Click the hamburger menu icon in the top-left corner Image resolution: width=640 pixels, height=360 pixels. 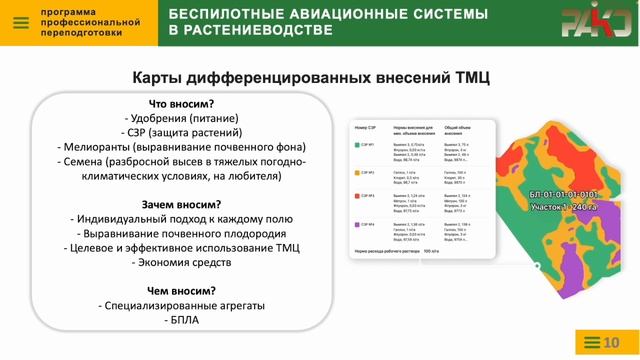click(x=19, y=22)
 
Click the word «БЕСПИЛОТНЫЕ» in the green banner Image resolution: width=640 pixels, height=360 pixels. click(x=224, y=14)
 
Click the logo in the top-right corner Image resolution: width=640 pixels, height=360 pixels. click(x=594, y=22)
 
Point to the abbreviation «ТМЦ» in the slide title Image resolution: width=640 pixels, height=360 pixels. click(x=469, y=77)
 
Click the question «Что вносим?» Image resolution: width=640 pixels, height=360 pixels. click(x=182, y=103)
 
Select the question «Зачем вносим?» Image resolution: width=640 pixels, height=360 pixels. click(x=181, y=204)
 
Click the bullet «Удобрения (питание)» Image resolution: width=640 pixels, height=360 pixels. click(x=181, y=118)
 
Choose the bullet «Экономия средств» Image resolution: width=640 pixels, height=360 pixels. click(x=181, y=261)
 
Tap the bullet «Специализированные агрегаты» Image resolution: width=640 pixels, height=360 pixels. click(x=181, y=305)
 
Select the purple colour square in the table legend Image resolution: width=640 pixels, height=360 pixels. click(x=358, y=224)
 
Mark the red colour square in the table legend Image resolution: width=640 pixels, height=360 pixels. click(x=358, y=198)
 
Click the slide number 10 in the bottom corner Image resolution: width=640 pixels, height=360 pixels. click(x=611, y=344)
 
